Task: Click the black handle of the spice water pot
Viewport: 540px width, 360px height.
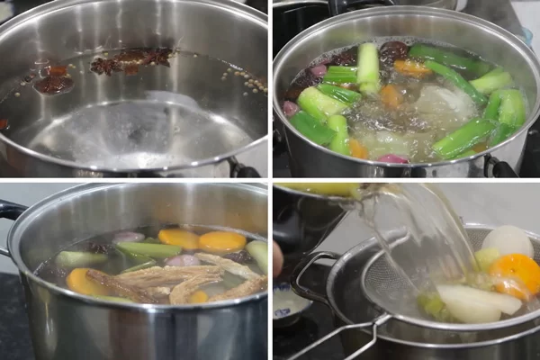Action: [x=241, y=168]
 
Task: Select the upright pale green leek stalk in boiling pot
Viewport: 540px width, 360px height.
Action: [x=369, y=66]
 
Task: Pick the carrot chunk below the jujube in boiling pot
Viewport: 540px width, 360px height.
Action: [x=413, y=67]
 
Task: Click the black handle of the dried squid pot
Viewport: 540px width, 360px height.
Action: [x=11, y=212]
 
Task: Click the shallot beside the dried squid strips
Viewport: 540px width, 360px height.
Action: [x=179, y=259]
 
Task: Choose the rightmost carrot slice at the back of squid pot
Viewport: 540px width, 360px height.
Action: [x=221, y=241]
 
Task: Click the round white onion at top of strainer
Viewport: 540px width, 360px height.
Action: [x=508, y=240]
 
